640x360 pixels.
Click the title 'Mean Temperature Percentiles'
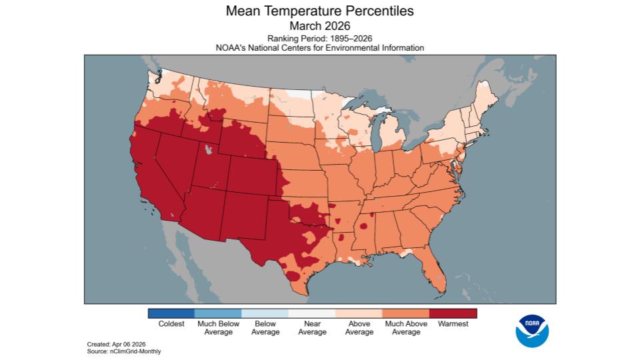tap(319, 11)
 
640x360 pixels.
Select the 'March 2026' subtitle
tap(319, 26)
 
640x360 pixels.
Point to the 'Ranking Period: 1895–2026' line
tap(319, 39)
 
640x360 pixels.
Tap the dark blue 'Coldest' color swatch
tap(171, 313)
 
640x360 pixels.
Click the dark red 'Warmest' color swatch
tap(453, 313)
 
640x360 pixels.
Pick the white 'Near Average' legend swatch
tap(312, 313)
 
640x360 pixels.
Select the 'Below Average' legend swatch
tap(265, 313)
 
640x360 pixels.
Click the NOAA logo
tap(532, 331)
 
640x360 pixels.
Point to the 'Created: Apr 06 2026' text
tap(117, 344)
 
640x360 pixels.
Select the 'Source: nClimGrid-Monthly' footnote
tap(124, 351)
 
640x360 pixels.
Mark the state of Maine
tap(489, 100)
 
